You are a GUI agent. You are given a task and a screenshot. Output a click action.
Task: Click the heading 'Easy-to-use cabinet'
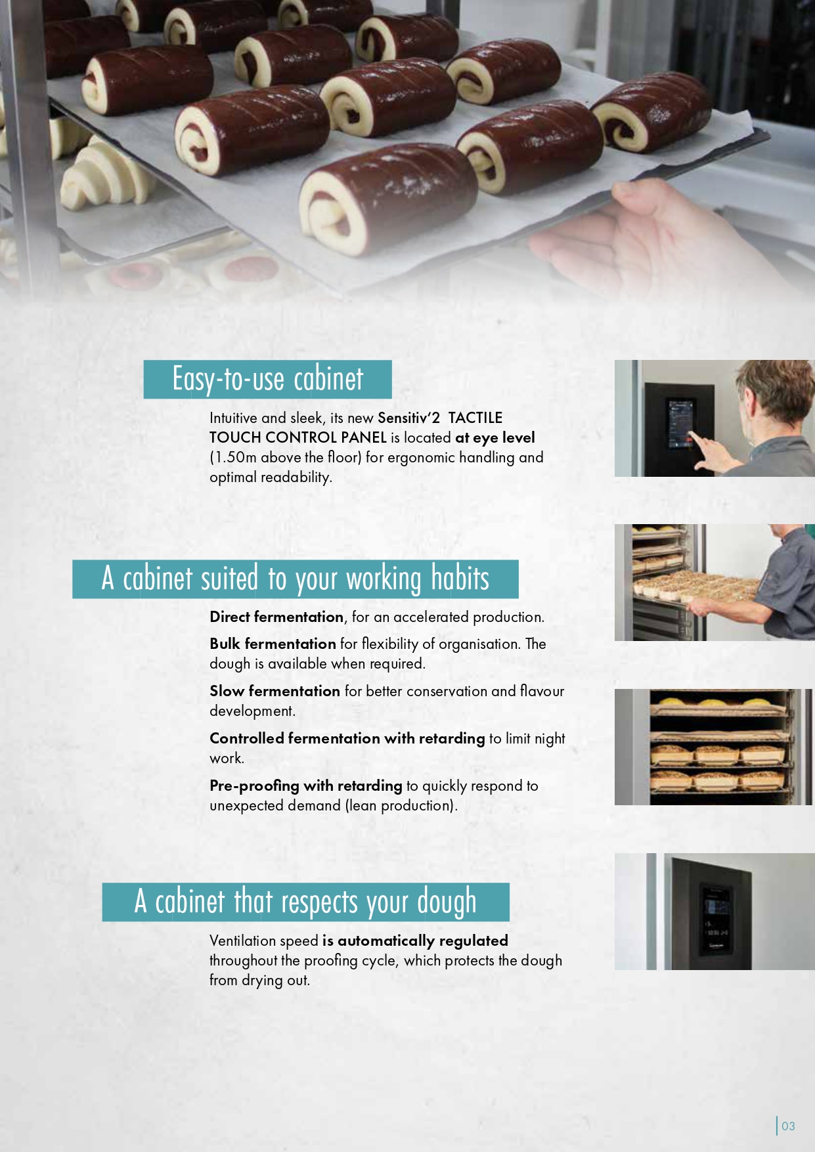(x=267, y=379)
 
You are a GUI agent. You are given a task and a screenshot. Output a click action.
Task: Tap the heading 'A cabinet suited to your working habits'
(x=296, y=579)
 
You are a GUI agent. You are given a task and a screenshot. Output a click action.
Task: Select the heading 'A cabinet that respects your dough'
(x=305, y=902)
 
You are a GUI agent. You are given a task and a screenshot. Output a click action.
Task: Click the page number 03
(x=788, y=1126)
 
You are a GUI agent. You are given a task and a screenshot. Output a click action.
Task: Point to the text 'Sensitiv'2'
(x=408, y=418)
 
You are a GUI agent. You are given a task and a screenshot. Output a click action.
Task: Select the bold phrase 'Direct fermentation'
(x=276, y=617)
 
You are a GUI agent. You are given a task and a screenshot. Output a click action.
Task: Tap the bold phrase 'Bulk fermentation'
(x=273, y=644)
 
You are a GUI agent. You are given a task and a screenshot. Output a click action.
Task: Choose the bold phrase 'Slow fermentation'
(x=275, y=691)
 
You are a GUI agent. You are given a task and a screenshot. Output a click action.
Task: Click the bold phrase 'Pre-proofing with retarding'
(x=306, y=786)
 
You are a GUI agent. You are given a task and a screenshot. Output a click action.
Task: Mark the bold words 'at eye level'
(x=495, y=437)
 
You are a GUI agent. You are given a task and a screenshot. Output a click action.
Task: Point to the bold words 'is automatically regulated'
(x=415, y=941)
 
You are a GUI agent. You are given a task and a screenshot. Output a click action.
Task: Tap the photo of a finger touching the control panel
(x=715, y=418)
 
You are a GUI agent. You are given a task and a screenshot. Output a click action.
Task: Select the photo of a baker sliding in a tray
(x=715, y=583)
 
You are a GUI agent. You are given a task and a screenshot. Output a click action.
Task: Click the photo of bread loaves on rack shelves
(x=715, y=747)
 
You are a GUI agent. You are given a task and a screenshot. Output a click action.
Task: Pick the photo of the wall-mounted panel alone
(x=715, y=912)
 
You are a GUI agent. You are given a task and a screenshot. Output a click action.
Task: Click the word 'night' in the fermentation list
(x=550, y=739)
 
